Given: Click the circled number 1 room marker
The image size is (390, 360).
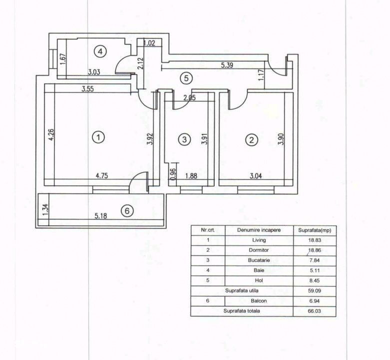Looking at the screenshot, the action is tap(98, 137).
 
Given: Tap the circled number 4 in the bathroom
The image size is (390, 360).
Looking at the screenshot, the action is tap(100, 51).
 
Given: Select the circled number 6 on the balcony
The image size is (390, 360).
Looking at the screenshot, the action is tap(127, 211).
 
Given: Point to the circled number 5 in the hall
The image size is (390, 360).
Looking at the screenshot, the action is tap(186, 78).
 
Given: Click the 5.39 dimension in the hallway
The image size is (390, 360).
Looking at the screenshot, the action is tap(227, 65).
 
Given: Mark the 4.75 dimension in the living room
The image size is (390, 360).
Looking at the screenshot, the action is tap(102, 175).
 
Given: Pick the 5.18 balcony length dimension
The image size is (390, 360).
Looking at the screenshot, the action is tap(101, 215).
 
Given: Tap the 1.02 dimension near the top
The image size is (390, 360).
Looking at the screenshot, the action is tap(149, 43).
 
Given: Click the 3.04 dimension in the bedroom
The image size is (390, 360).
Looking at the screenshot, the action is tap(256, 176).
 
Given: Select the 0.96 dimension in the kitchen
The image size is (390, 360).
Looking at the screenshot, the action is tap(173, 174).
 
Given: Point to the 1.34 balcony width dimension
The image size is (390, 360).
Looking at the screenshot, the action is tap(45, 210).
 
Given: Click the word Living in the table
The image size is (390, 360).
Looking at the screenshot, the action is tap(259, 240).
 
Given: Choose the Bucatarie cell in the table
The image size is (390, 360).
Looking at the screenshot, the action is tap(259, 260).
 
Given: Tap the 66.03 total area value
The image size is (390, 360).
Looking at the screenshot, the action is tap(315, 311).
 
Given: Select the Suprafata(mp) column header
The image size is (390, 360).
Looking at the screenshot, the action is tap(315, 230).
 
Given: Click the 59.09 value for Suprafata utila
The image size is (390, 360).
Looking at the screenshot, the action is tap(315, 290).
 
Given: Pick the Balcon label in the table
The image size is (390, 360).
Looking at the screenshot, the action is tap(259, 300).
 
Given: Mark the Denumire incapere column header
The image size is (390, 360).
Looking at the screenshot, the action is tap(259, 230).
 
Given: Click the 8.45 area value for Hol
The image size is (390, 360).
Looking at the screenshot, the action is tap(315, 280).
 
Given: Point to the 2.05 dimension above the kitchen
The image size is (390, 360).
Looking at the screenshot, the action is tap(190, 98).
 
